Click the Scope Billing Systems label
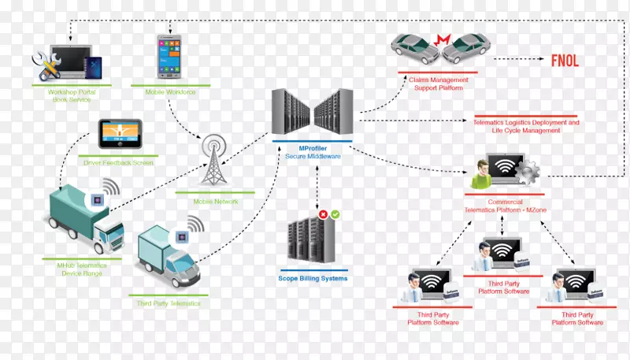[313, 278]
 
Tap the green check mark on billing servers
[335, 214]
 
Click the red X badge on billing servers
[323, 214]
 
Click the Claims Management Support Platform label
[438, 84]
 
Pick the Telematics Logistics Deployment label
[526, 126]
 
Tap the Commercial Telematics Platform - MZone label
[505, 206]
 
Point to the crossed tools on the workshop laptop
[45, 65]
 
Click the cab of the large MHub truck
[108, 234]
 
